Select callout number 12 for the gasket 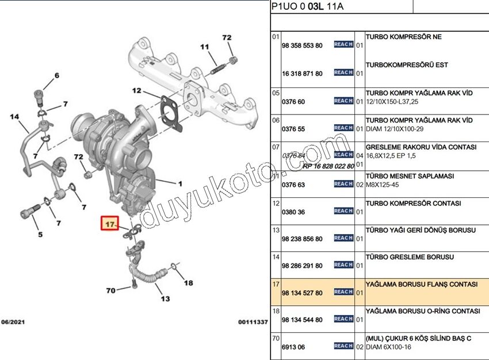[136, 91]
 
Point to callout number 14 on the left [15, 117]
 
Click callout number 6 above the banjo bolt [56, 76]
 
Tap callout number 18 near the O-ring [188, 282]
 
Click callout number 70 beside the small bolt [110, 290]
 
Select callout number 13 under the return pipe [165, 299]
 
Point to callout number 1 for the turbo [179, 184]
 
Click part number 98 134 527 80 [302, 293]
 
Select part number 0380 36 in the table [293, 212]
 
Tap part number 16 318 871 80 [302, 74]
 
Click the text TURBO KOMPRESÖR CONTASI [413, 204]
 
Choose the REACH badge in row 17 [343, 292]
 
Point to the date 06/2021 [13, 322]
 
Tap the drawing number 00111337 [253, 322]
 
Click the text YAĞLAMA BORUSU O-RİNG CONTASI [423, 311]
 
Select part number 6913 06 [293, 347]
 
